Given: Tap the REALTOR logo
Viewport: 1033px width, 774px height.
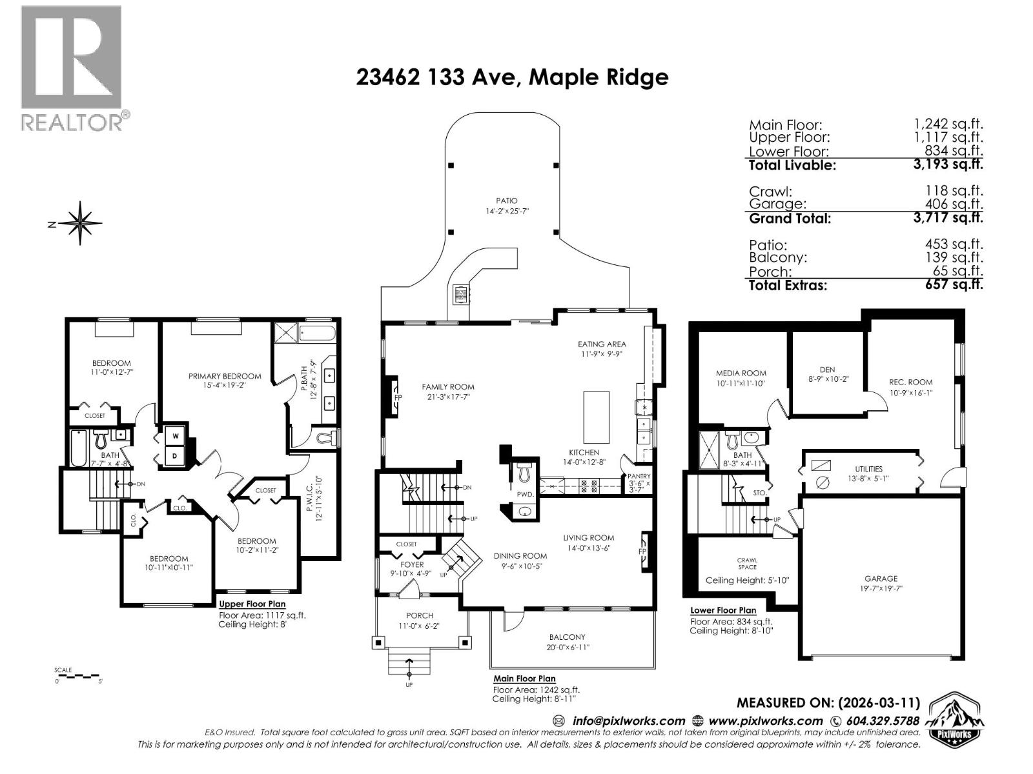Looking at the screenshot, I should (x=72, y=68).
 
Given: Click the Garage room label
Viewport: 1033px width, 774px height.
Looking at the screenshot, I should (x=881, y=579).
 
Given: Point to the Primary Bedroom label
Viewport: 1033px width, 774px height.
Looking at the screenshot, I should (x=225, y=376).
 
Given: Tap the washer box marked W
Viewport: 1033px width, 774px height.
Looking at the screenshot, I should (x=175, y=436).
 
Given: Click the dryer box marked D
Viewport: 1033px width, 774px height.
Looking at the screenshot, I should (x=175, y=456).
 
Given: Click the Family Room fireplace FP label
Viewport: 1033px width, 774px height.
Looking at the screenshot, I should (x=398, y=397).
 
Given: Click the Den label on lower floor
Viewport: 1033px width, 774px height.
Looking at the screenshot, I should (x=827, y=370).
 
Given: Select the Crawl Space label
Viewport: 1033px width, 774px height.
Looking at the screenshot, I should (x=747, y=564).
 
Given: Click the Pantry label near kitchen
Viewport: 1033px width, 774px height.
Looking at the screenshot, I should (x=639, y=476).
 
